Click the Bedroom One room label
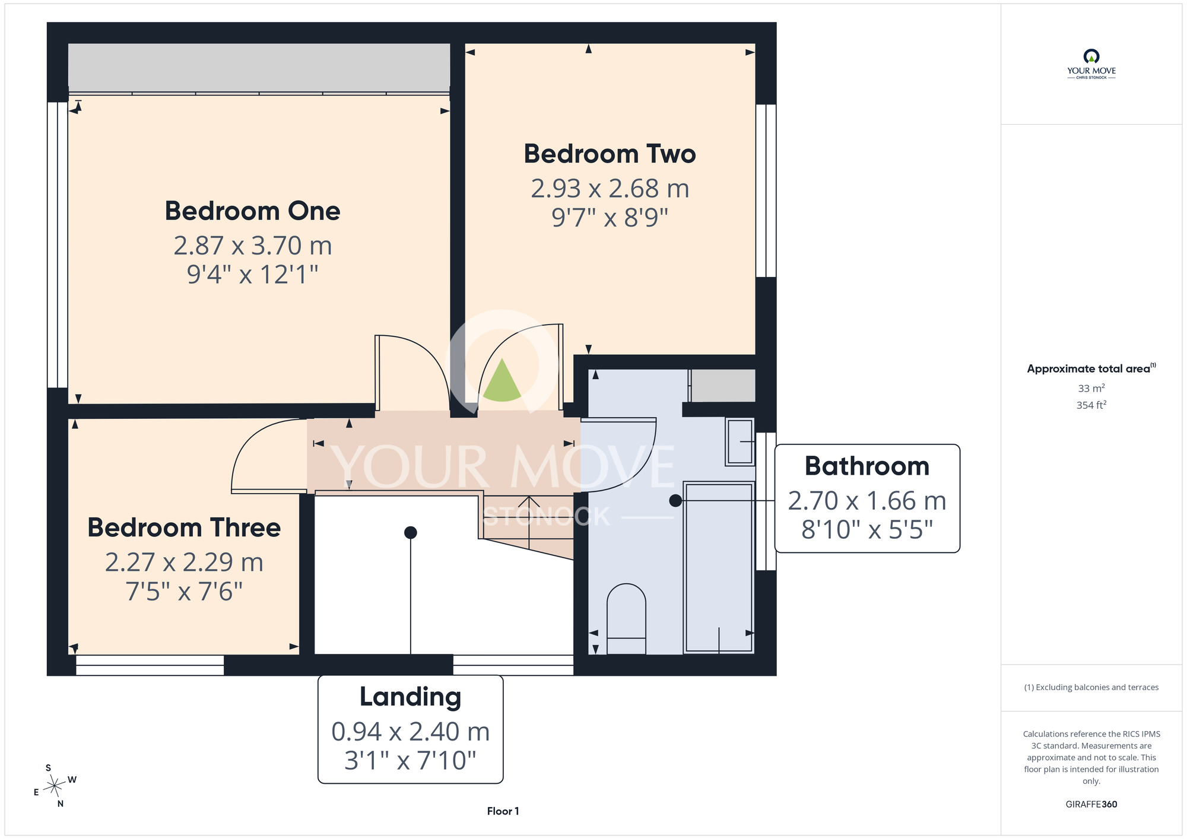(252, 211)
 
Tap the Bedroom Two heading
(610, 154)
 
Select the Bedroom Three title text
(184, 527)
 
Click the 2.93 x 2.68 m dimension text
(610, 189)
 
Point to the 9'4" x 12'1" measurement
(252, 274)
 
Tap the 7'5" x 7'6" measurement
(184, 591)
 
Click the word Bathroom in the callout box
(867, 466)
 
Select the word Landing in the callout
(410, 697)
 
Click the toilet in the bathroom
(626, 619)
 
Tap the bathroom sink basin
(740, 441)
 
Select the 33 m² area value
(1091, 388)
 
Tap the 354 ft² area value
(1091, 405)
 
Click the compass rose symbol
(55, 786)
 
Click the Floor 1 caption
(503, 811)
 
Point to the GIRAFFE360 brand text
(1091, 805)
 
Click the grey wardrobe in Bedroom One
(259, 68)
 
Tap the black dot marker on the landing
(410, 532)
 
